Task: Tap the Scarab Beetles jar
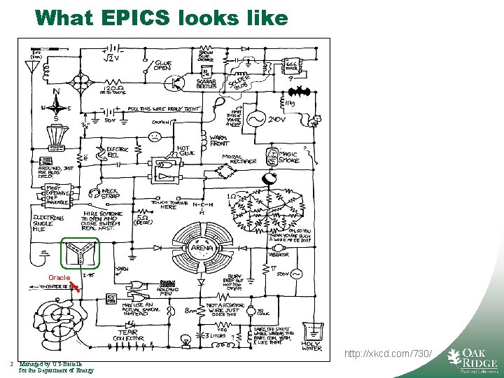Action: click(206, 72)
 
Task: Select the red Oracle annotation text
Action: click(59, 278)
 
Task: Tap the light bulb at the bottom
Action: click(185, 339)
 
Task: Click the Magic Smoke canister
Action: click(272, 156)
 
